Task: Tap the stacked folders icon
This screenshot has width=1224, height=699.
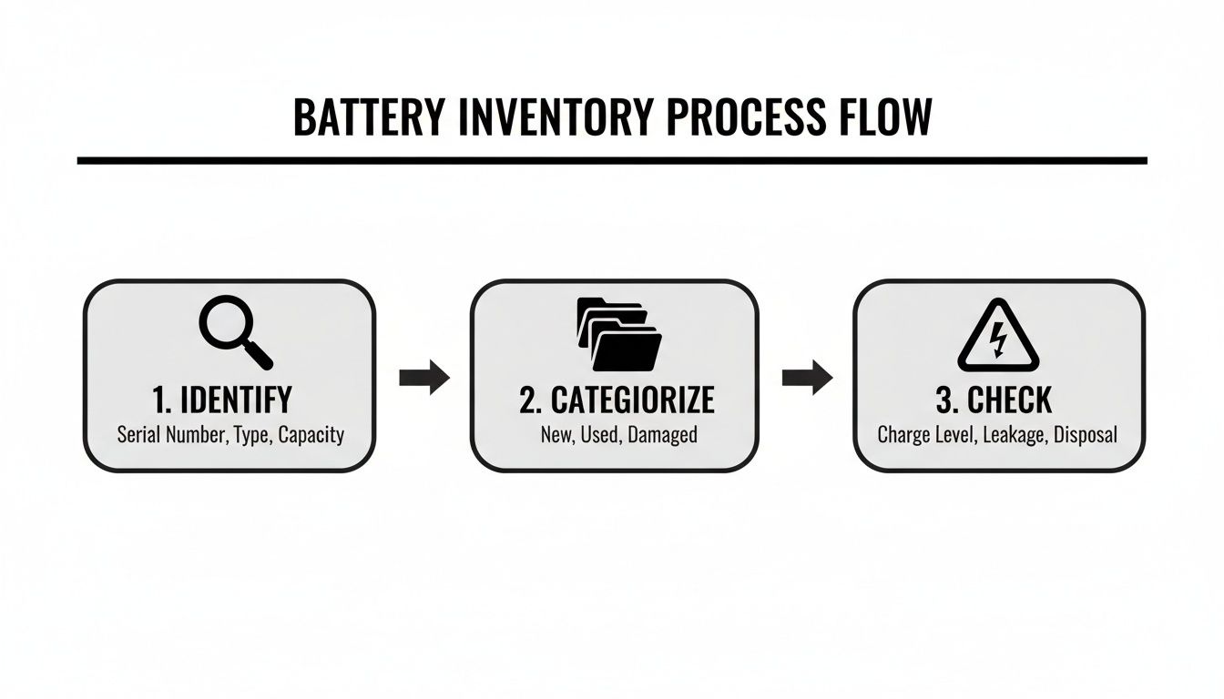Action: click(619, 334)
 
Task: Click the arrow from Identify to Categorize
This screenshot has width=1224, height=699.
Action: click(424, 376)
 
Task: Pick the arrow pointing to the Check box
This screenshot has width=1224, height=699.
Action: click(807, 376)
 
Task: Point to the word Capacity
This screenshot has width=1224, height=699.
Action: click(311, 434)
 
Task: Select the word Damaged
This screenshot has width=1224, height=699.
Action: click(662, 434)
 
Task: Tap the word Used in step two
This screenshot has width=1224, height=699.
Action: click(598, 434)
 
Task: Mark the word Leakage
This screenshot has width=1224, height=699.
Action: click(1012, 434)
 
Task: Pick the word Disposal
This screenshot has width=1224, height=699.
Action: click(1086, 434)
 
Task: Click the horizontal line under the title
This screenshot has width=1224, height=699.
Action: click(612, 161)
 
